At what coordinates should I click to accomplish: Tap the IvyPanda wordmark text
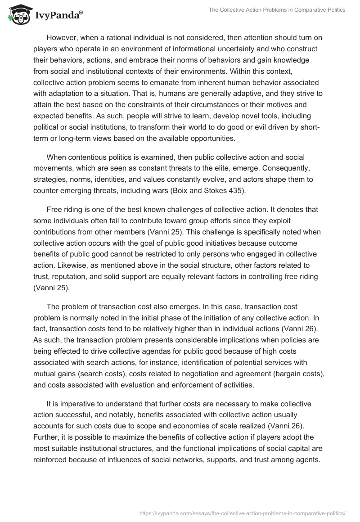(58, 15)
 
